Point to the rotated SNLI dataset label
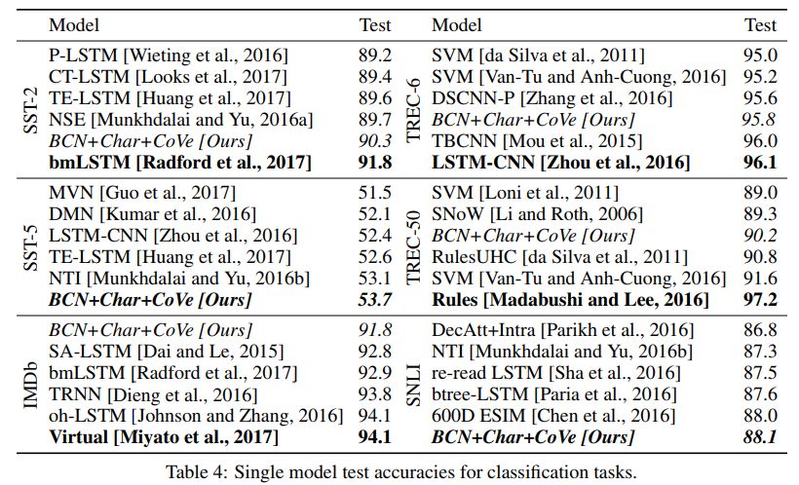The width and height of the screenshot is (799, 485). (x=412, y=384)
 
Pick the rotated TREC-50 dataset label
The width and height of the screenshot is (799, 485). (x=412, y=246)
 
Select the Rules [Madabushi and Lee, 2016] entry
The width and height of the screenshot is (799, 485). (x=570, y=301)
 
